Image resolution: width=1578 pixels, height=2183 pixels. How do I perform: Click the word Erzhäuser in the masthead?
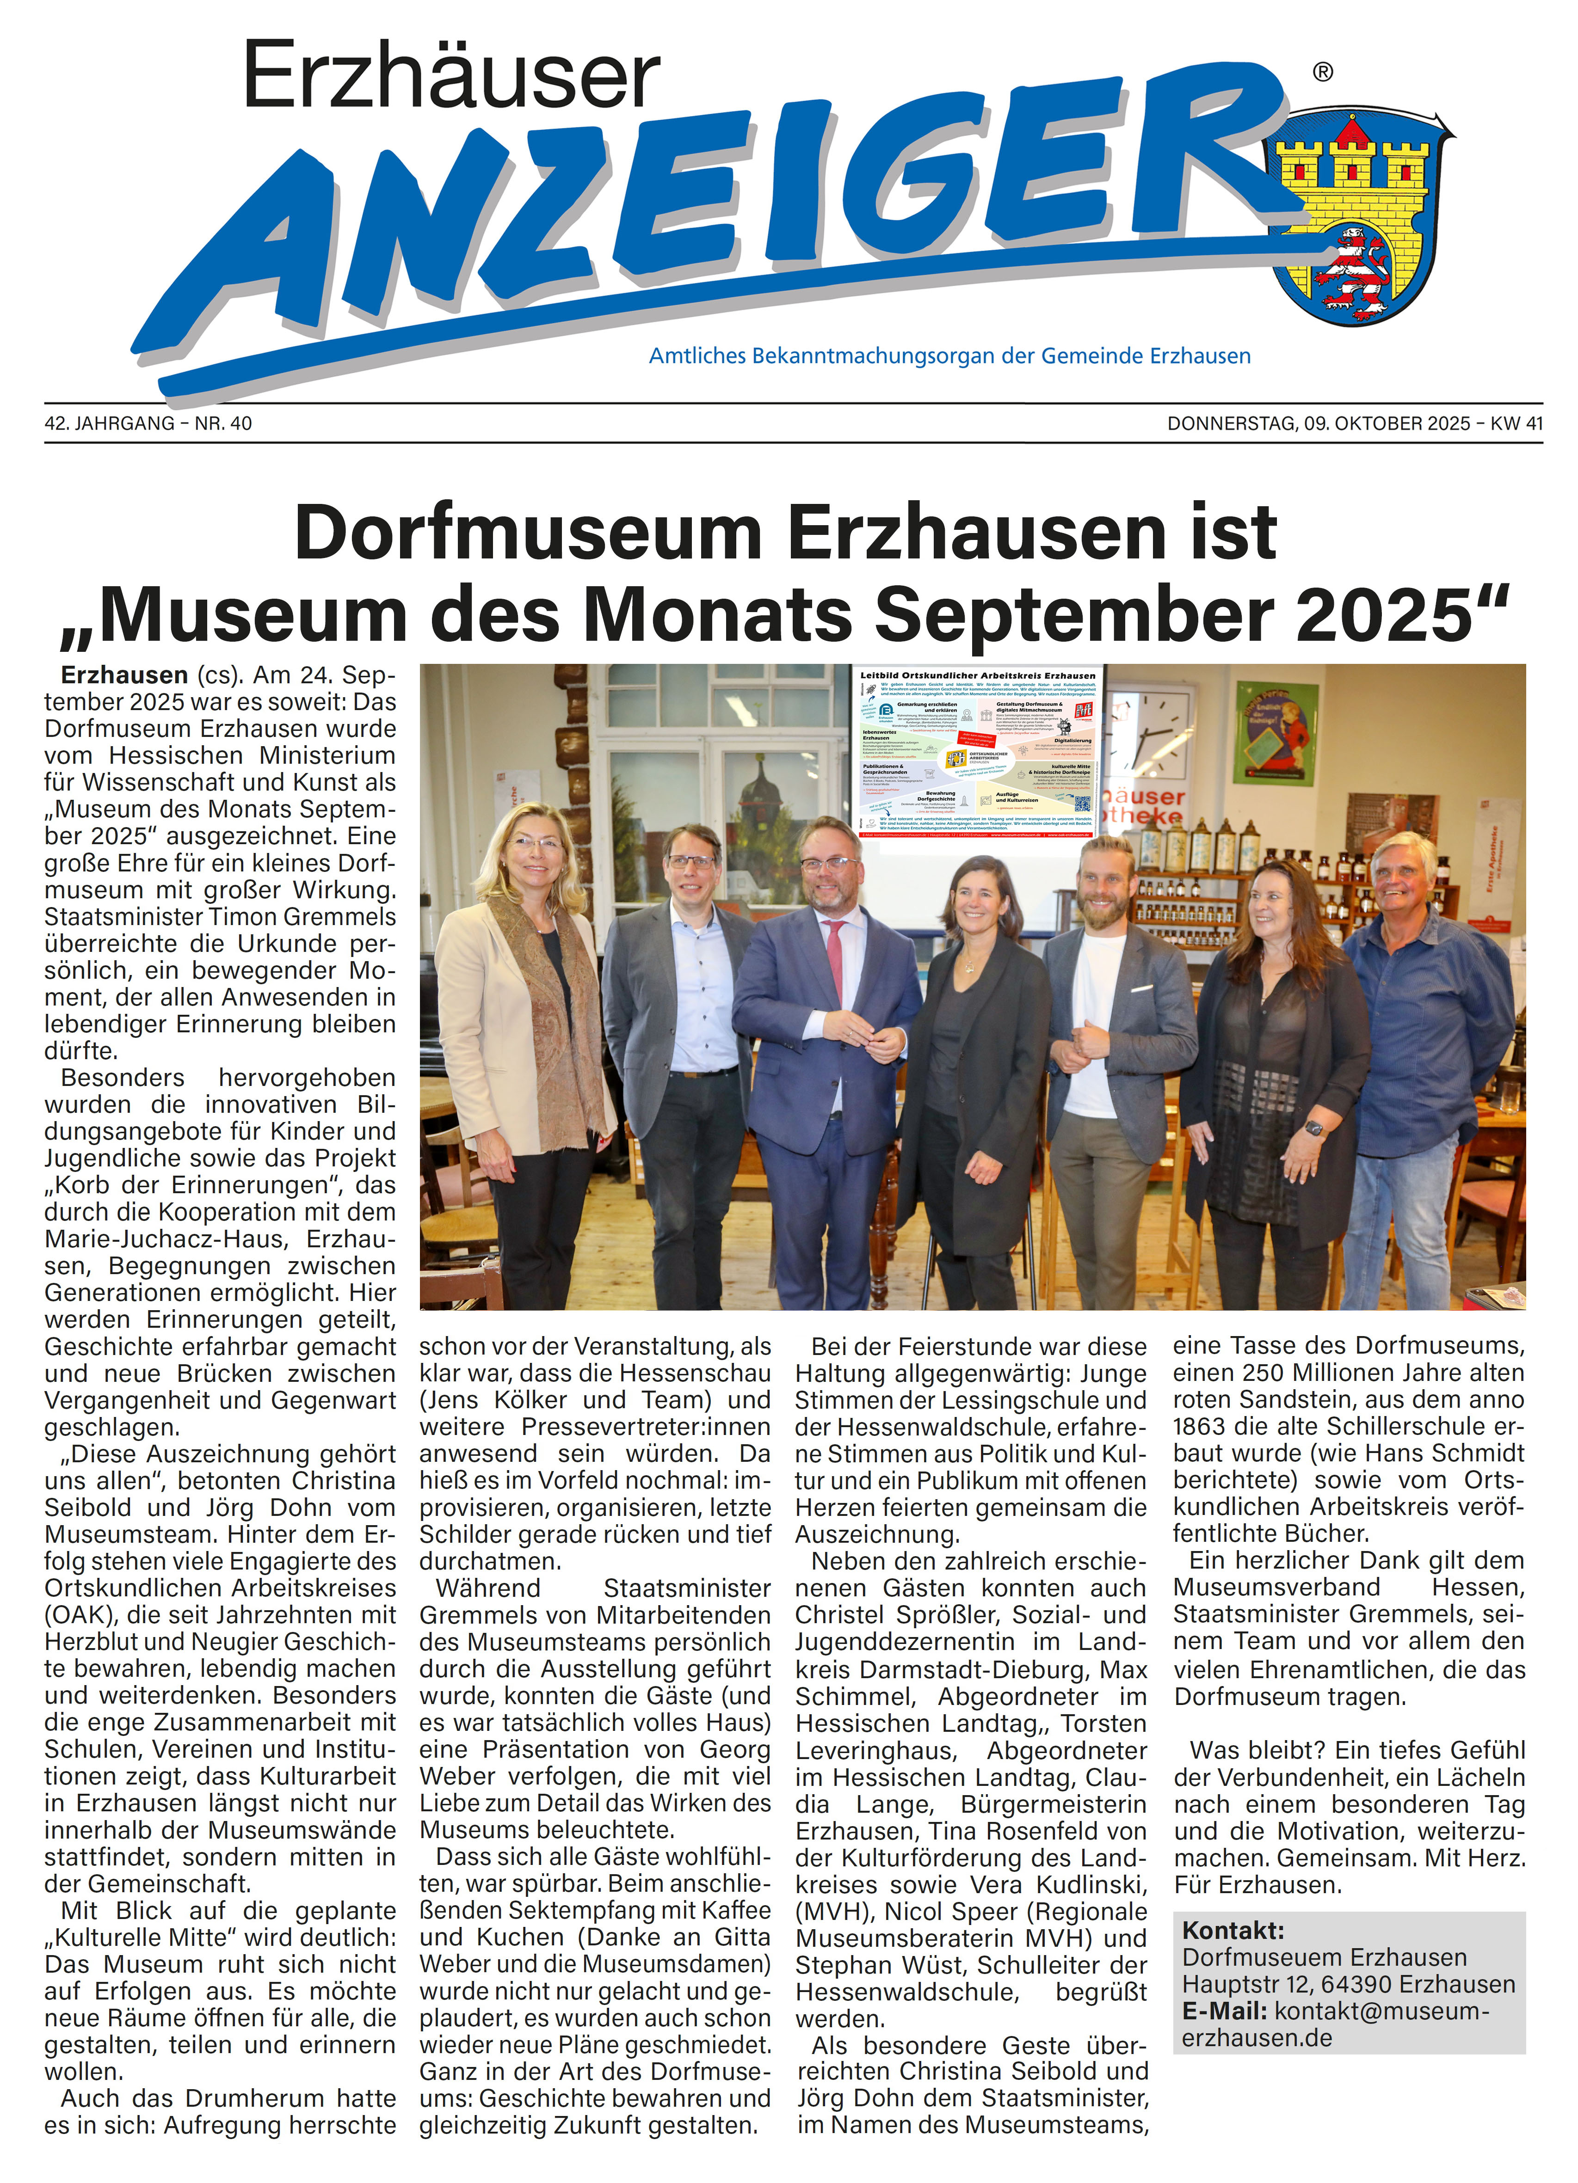coord(450,77)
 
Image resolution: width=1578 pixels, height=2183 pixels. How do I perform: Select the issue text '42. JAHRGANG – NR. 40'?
coord(148,423)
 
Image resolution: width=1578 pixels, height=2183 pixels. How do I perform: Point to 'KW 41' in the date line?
coord(1516,423)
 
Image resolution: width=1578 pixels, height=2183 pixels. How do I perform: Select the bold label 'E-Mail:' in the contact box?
coord(1224,2011)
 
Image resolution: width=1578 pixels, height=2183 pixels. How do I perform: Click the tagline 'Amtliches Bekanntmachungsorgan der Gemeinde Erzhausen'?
coord(949,356)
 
